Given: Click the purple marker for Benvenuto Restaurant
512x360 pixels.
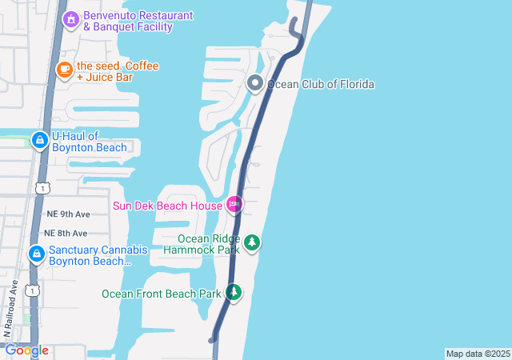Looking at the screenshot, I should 70,18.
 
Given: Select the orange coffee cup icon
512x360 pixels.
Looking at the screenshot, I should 64,70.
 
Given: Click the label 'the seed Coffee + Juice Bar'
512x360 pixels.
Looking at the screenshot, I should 117,71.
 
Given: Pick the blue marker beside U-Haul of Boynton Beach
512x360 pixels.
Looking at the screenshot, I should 38,141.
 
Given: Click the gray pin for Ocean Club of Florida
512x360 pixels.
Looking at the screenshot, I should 255,83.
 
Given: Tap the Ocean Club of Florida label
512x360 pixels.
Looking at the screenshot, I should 321,84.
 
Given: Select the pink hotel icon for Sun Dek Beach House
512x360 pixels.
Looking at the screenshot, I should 234,205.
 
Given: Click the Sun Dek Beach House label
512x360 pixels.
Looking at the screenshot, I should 167,206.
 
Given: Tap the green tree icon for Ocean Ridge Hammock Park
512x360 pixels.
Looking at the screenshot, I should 252,242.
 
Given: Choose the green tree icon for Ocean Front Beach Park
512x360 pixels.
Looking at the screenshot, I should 234,293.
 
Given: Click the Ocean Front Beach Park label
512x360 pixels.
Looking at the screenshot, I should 161,294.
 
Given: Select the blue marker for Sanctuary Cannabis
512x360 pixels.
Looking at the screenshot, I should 36,254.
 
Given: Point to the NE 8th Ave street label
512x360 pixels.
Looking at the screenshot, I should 65,233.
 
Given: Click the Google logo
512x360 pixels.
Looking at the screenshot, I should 26,350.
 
